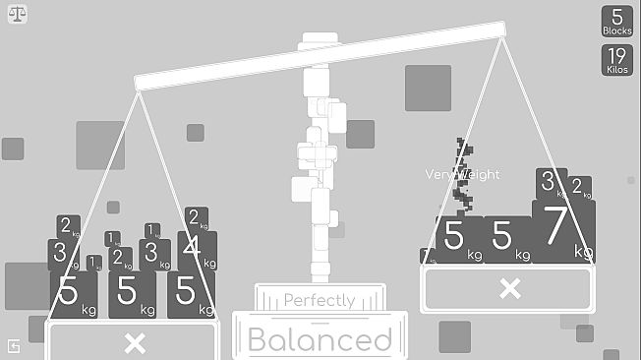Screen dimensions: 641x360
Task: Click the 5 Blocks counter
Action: (x=617, y=22)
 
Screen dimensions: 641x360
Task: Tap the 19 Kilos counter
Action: (x=617, y=59)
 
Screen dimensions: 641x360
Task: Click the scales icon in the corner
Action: (x=18, y=16)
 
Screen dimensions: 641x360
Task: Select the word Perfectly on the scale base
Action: (x=320, y=300)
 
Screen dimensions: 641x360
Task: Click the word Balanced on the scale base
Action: (x=320, y=339)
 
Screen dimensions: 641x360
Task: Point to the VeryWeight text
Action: (x=462, y=174)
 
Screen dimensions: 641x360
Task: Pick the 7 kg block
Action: (x=559, y=228)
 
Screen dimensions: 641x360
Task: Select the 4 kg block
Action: (x=198, y=250)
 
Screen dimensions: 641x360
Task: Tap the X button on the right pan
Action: (x=508, y=288)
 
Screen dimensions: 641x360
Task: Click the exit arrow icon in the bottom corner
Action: (x=14, y=346)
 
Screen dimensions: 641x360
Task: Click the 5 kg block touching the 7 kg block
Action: (x=507, y=239)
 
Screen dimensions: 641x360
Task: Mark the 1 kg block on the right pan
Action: (x=427, y=256)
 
